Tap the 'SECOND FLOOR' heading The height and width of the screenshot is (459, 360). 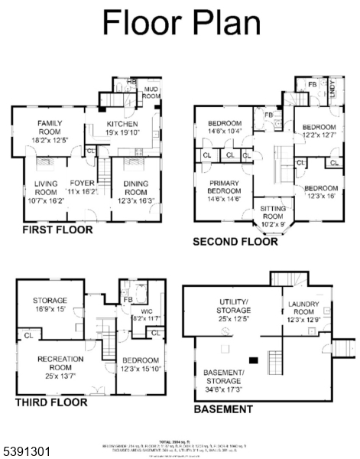coord(235,242)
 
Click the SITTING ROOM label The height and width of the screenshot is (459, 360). coord(273,213)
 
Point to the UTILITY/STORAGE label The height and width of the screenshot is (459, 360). coord(235,306)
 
